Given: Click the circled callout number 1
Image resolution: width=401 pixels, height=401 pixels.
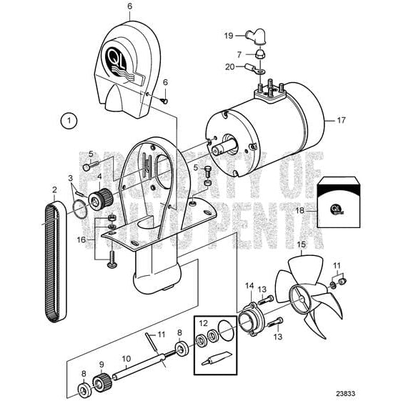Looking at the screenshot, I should [x=69, y=120].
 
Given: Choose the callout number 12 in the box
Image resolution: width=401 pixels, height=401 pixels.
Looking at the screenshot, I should [x=204, y=323].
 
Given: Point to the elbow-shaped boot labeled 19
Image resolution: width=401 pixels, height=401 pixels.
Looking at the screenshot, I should [x=252, y=35].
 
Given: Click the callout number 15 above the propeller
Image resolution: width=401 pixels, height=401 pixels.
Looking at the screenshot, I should [x=299, y=244].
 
